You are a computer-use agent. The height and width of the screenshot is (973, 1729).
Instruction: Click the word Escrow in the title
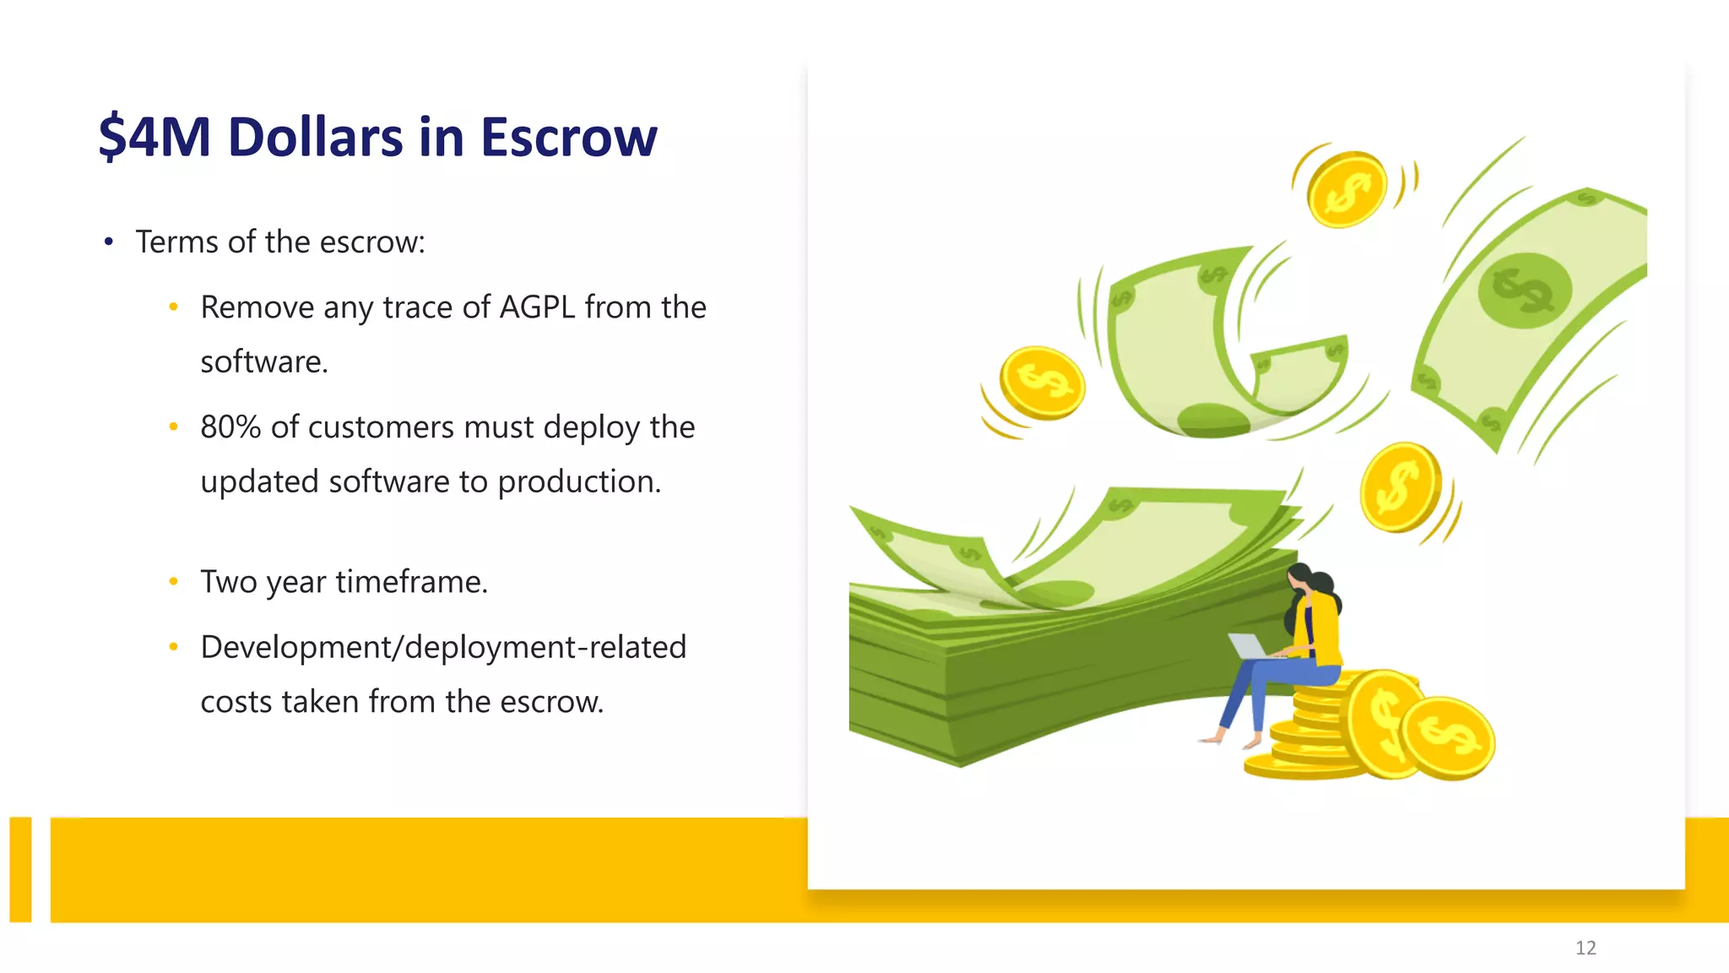tap(568, 137)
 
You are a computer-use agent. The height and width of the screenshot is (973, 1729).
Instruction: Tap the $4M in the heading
tap(154, 137)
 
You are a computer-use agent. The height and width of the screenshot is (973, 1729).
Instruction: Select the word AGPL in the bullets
tap(537, 307)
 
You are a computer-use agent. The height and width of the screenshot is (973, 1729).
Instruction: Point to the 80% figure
tap(230, 427)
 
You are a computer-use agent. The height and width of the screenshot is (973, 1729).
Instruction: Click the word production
tap(579, 481)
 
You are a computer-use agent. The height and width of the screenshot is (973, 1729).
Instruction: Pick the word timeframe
tap(411, 582)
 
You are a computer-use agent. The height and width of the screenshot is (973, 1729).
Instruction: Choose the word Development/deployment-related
tap(443, 647)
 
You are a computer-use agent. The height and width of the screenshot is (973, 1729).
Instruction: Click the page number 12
tap(1585, 948)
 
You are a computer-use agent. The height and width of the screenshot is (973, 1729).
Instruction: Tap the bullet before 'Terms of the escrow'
tap(109, 242)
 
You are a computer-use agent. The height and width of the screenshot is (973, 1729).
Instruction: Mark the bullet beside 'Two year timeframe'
tap(173, 581)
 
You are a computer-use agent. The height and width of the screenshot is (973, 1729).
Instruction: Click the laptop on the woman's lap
tap(1248, 646)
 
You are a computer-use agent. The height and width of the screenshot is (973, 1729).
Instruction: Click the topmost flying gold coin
tap(1347, 189)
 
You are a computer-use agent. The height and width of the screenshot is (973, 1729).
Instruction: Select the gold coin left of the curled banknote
tap(1042, 383)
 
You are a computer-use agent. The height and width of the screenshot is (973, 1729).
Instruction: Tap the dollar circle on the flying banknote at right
tap(1525, 291)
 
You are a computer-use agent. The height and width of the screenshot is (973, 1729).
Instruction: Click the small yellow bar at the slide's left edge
tap(20, 869)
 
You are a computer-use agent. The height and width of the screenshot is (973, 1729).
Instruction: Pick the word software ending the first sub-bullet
tap(263, 362)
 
